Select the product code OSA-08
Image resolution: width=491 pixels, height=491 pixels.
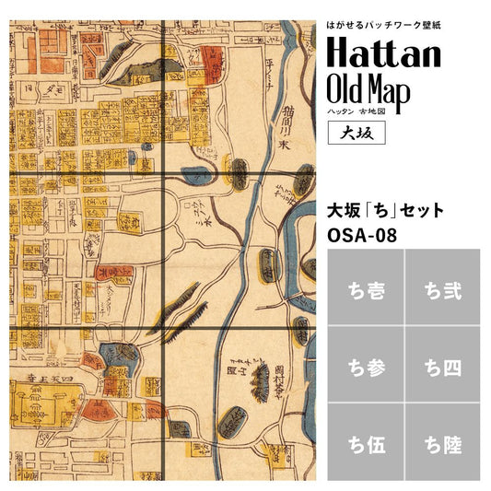[362, 234]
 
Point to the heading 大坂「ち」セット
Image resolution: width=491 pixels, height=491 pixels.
[385, 210]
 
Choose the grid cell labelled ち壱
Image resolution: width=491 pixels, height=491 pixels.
[364, 292]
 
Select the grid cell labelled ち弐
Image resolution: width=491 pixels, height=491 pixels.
[441, 292]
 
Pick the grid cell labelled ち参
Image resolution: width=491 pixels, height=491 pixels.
[364, 366]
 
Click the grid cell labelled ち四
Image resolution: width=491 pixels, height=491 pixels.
[441, 366]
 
